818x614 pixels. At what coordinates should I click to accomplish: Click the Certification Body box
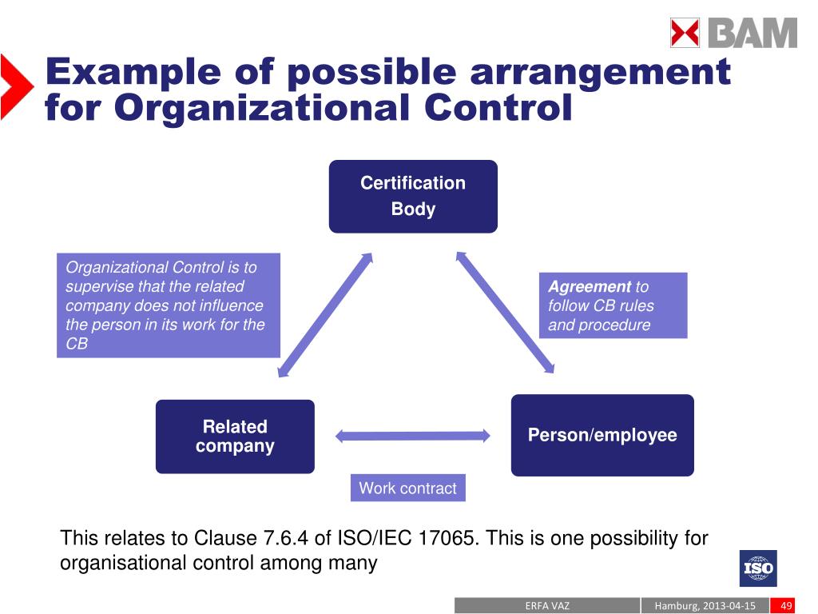[413, 196]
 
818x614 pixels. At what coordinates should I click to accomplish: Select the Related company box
[235, 437]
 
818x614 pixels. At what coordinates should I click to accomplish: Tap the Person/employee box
[602, 436]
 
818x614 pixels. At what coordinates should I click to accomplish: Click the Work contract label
[407, 488]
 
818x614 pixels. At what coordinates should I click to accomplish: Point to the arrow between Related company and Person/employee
[412, 436]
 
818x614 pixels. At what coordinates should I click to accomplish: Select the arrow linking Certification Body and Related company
[325, 314]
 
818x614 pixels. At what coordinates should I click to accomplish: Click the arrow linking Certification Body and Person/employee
[505, 313]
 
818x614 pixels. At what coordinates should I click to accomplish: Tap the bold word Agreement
[590, 287]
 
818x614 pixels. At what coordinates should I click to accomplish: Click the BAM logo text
[752, 34]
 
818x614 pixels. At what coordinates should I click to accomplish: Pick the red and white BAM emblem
[685, 34]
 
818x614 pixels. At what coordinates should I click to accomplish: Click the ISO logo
[757, 568]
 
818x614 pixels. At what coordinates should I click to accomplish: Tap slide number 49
[787, 605]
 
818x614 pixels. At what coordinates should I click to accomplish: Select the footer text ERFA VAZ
[547, 605]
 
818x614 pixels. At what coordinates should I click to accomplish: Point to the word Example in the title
[133, 72]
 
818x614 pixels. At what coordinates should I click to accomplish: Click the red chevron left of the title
[16, 86]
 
